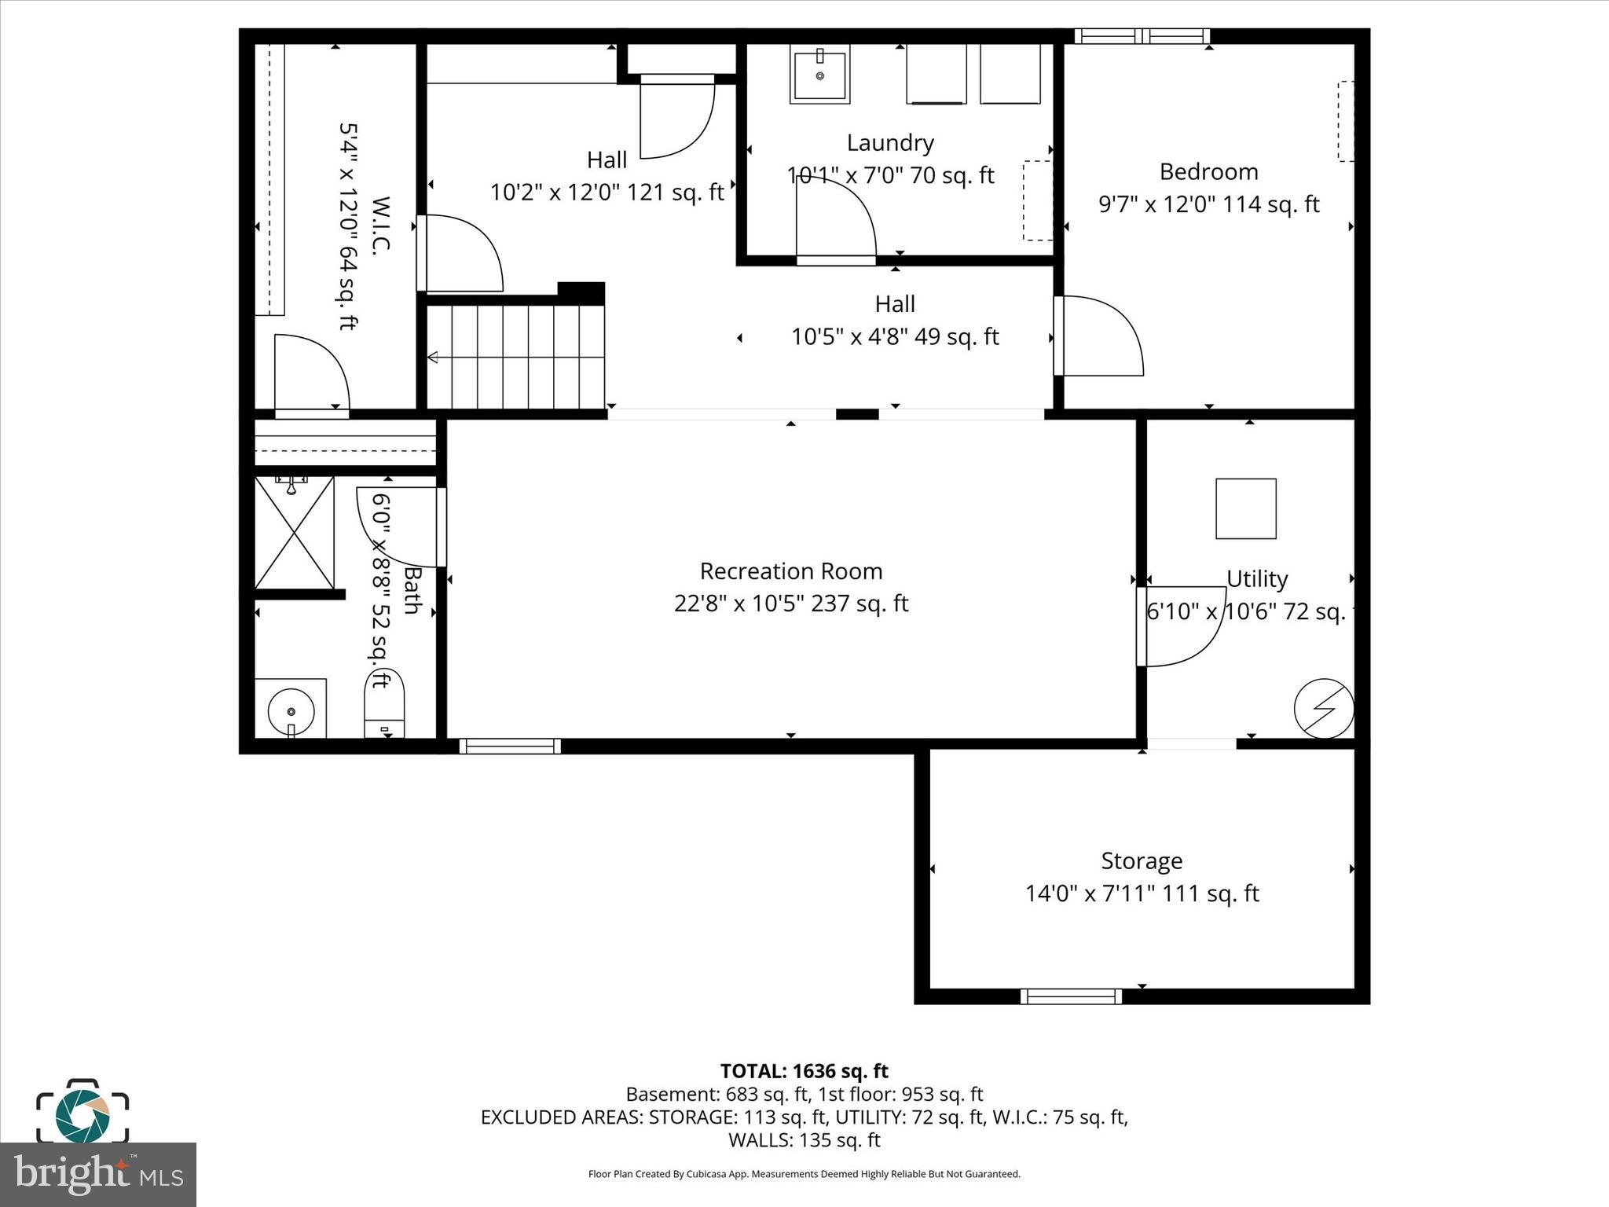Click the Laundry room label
coord(890,143)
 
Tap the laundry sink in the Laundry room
coord(819,76)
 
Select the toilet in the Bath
coord(385,703)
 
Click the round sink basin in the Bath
coord(291,710)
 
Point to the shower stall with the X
coord(294,532)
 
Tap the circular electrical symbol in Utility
coord(1324,709)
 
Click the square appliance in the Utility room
coord(1245,508)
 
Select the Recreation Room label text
coord(791,571)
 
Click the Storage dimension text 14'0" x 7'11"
coord(1142,894)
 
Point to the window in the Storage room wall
coord(1071,996)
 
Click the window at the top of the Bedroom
coord(1142,36)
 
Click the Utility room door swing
coord(1182,626)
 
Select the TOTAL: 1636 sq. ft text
coord(804,1071)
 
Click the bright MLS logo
coord(98,1175)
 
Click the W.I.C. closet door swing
coord(312,372)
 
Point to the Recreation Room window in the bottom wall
coord(510,747)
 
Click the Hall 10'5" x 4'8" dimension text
coord(895,337)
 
